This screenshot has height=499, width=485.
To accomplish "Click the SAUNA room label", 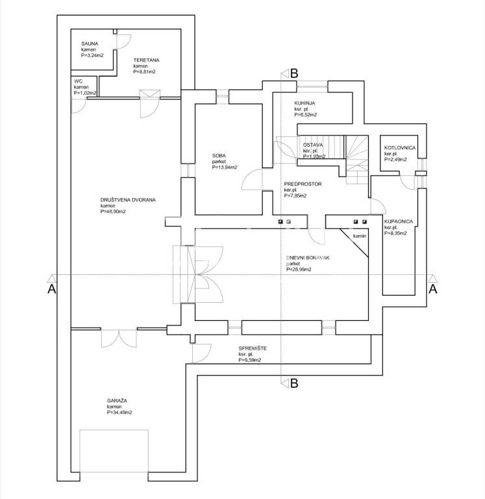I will (90, 44).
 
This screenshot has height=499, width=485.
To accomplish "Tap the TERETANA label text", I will (146, 60).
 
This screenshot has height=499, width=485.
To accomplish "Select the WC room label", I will (79, 81).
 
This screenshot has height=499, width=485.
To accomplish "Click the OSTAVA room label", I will (314, 145).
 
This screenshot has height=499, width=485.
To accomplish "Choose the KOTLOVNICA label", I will (400, 147).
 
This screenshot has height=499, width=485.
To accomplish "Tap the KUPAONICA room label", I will (399, 222).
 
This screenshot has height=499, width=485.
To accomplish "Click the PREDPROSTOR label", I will (303, 184).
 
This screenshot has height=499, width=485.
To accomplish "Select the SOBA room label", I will (219, 155).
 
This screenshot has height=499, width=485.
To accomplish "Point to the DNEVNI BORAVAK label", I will (308, 258).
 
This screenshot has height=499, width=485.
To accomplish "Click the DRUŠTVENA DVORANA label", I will (129, 200).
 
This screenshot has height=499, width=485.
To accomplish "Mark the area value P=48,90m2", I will (115, 212).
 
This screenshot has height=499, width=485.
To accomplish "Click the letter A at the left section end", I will (52, 290).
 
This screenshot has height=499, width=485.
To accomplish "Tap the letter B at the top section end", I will (293, 73).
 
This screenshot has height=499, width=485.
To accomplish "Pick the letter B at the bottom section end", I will (293, 383).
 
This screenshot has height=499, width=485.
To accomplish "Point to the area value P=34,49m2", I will (119, 413).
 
